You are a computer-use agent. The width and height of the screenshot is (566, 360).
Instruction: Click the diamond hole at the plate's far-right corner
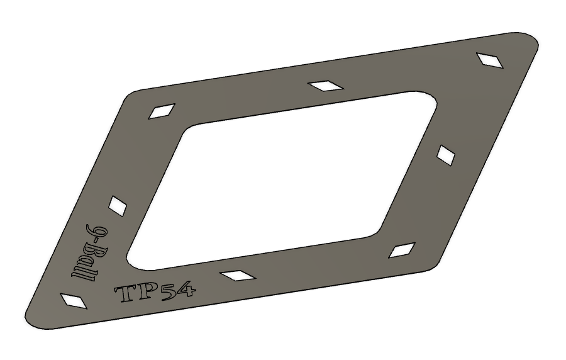point(490,60)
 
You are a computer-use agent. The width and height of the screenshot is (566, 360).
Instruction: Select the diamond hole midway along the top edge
point(326,86)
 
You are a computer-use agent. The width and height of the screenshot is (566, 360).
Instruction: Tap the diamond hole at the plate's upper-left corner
point(162,111)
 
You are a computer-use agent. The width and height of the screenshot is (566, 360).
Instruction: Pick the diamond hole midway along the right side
point(446,155)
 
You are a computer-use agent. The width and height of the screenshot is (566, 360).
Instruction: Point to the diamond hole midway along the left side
point(118,206)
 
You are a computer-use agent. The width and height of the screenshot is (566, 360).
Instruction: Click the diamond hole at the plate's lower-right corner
point(402,250)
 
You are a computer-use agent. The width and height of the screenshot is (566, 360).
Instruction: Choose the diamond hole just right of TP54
point(238,276)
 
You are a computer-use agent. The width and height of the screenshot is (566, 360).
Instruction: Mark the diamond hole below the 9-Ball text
point(74,301)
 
